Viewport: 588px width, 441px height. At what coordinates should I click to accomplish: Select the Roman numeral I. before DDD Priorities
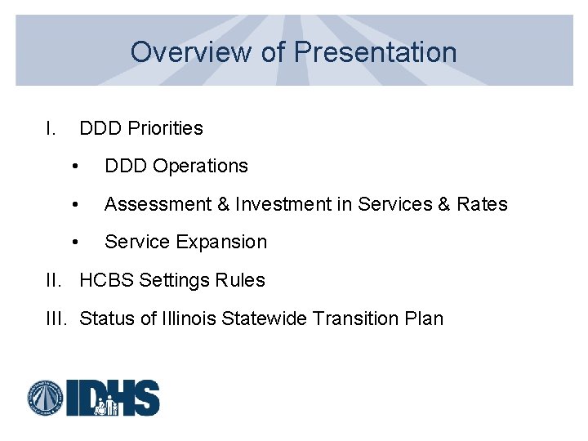tap(51, 128)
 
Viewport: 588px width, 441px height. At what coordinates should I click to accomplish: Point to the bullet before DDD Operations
tap(75, 167)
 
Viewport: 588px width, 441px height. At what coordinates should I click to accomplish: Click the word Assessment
tap(157, 204)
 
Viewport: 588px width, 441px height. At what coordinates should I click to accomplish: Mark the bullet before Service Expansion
tap(75, 243)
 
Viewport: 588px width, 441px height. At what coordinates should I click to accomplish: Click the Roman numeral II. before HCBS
tap(56, 280)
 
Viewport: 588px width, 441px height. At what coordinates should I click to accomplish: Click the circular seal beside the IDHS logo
tap(46, 399)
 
